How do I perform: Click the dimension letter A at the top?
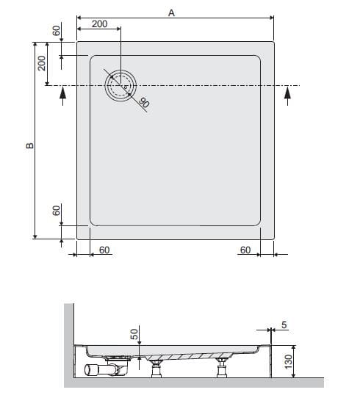171,12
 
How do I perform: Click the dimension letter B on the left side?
29,145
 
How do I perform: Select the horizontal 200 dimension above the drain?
99,24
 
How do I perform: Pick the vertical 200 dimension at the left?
42,63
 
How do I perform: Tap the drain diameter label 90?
144,103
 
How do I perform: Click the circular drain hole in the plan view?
120,86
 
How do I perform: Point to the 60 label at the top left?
57,31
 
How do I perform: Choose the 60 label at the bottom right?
245,250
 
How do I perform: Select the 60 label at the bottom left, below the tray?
104,250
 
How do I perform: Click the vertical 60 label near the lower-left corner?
57,211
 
